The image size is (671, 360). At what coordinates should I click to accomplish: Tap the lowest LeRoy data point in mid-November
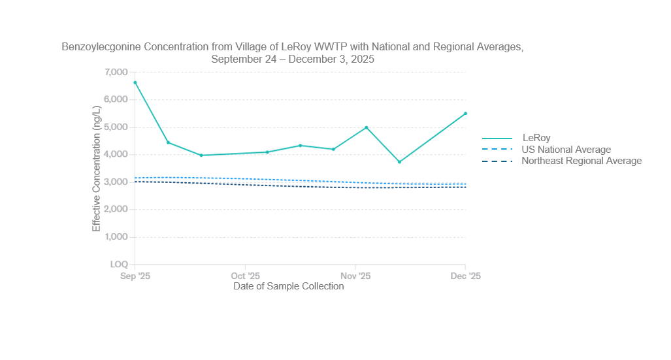399,161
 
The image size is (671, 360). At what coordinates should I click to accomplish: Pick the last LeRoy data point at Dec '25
465,114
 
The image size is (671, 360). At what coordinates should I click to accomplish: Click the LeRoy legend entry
536,138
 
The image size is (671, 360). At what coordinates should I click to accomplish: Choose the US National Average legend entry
566,150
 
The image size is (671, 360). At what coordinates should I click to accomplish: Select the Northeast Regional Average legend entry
581,161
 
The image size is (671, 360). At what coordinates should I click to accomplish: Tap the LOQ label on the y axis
119,265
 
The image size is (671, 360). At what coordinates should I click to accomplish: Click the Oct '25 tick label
245,276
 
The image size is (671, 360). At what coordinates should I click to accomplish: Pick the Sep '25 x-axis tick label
135,276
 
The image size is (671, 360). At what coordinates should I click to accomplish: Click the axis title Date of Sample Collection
288,286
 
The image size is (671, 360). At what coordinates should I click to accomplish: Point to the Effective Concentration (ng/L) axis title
97,168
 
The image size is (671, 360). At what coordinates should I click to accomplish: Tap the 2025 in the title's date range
362,59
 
